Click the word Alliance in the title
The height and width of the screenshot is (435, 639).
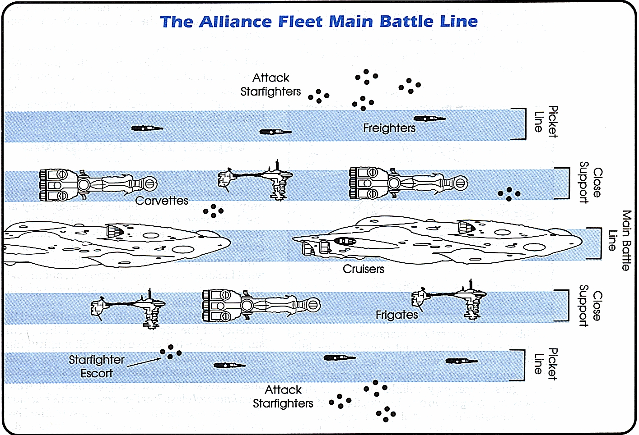[235, 22]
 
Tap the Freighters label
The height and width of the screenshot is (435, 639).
[389, 128]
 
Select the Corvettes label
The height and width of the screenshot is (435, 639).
[162, 201]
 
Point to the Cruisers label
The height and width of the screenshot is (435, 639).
[364, 269]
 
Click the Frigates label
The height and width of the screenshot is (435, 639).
[396, 315]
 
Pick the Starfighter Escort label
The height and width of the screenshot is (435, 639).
[97, 366]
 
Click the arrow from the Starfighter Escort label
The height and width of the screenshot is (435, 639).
[144, 362]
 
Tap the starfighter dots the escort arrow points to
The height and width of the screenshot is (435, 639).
[171, 352]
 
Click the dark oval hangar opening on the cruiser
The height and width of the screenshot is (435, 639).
[345, 242]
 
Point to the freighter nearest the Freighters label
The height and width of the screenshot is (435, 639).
[429, 119]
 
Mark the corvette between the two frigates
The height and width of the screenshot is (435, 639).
[261, 306]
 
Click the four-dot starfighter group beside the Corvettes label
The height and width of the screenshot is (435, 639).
[214, 211]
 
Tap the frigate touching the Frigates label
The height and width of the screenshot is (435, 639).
[449, 300]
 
